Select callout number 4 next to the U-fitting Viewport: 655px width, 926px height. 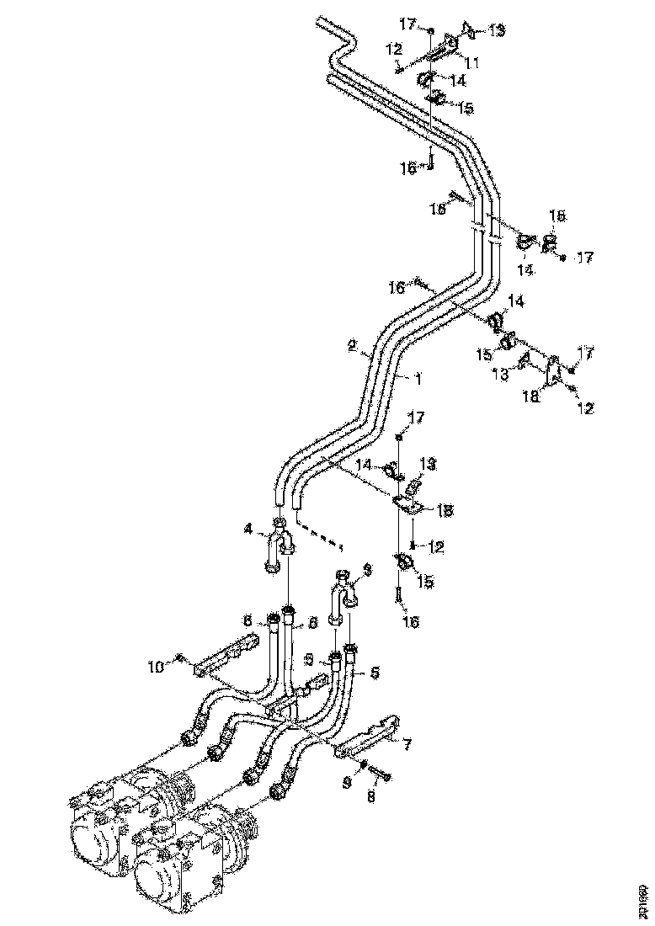[248, 530]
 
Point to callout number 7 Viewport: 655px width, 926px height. [407, 743]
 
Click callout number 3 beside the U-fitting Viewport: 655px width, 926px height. [366, 570]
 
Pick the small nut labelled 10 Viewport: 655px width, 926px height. [179, 657]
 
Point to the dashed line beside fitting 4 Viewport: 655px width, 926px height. [320, 538]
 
